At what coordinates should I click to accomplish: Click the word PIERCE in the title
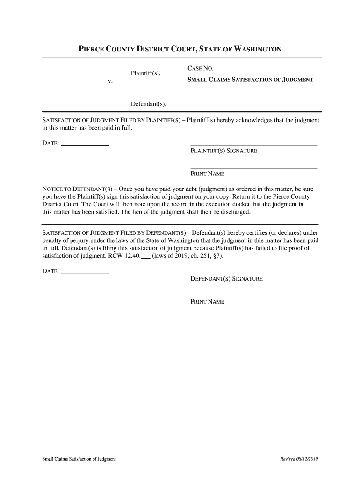pos(93,49)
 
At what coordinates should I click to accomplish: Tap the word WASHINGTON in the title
pos(254,49)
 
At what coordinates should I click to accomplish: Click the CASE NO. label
pos(201,69)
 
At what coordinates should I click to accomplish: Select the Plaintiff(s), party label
pos(146,73)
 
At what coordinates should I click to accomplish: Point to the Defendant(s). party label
pos(149,103)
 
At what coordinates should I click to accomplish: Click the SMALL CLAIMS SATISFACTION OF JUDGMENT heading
pos(250,80)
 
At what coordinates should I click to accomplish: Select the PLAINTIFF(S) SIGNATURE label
pos(223,151)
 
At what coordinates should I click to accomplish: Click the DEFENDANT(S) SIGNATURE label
pos(226,279)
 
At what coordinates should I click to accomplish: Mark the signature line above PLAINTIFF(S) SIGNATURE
pos(254,145)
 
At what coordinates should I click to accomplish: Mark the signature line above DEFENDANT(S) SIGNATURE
pos(254,273)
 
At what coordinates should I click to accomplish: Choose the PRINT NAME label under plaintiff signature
pos(207,174)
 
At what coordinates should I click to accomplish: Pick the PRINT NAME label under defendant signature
pos(207,302)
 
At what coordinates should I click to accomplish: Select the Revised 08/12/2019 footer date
pos(299,459)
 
